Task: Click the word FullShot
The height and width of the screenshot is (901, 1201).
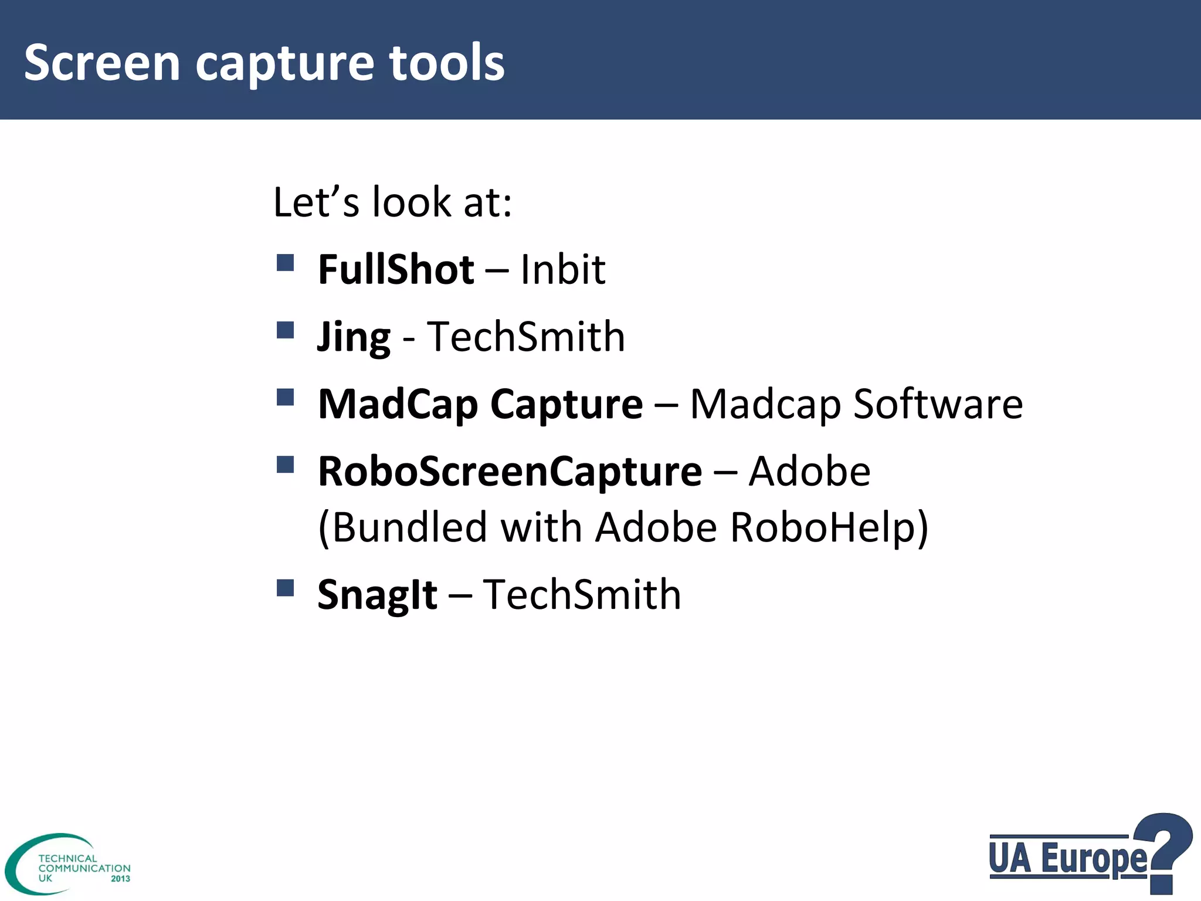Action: pos(396,270)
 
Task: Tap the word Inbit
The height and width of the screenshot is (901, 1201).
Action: pos(563,270)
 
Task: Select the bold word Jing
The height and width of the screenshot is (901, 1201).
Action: pos(354,338)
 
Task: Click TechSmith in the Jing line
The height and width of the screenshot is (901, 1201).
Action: pos(526,337)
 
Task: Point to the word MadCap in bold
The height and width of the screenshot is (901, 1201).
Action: pos(398,404)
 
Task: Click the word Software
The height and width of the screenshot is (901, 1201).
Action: pos(938,404)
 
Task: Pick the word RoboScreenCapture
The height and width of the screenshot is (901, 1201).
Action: pos(510,472)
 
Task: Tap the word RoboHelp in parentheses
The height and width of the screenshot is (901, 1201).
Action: pos(829,527)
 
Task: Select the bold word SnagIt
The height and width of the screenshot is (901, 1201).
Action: pos(377,595)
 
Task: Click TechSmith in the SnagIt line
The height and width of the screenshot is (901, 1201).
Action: pos(582,595)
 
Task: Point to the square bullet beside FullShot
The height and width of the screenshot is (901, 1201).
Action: pos(285,262)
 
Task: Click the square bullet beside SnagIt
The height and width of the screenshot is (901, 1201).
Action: pos(285,587)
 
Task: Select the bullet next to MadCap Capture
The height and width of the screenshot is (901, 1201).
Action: pos(285,397)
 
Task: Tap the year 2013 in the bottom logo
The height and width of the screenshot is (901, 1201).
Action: pos(120,879)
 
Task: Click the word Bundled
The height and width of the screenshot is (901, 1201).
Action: pos(409,527)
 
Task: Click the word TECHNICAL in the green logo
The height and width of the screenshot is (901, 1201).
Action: pos(67,858)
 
